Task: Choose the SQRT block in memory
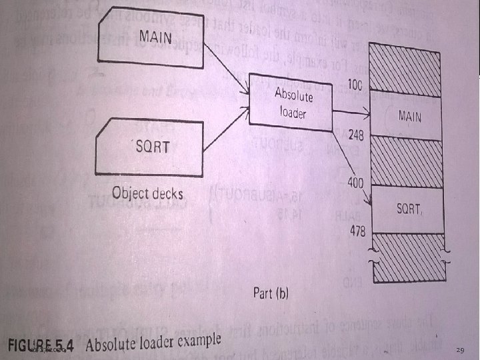pos(408,209)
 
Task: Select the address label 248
pos(355,136)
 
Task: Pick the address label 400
pos(355,181)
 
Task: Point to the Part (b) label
pos(270,293)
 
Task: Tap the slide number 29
pos(460,350)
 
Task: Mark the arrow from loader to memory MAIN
pos(353,112)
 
